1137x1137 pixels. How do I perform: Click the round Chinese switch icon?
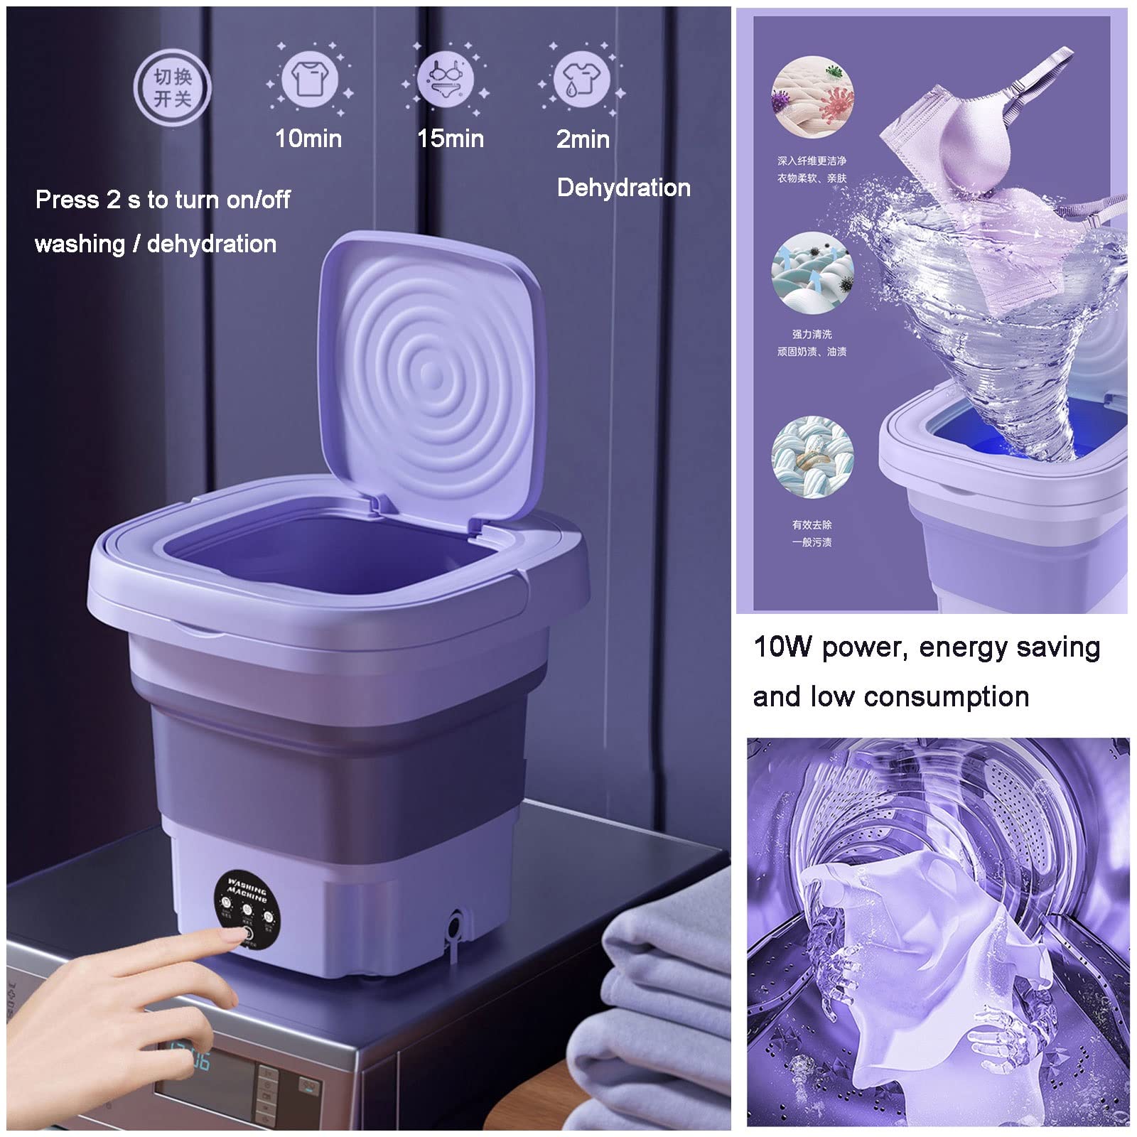tap(173, 87)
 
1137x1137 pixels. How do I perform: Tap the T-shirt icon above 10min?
tap(309, 78)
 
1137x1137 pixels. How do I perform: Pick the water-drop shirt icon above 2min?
tap(581, 78)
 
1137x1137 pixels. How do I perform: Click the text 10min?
tap(308, 139)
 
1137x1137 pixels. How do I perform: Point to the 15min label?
tap(451, 139)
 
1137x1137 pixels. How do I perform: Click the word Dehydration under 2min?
tap(623, 188)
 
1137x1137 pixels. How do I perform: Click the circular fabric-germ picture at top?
tap(812, 97)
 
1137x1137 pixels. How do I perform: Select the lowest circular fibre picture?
tap(812, 456)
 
